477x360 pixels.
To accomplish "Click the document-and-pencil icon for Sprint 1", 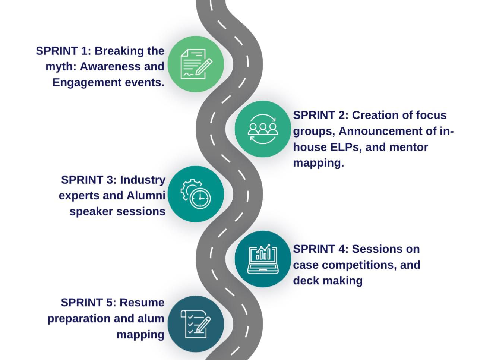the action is point(196,64).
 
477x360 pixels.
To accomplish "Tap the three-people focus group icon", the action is point(263,129).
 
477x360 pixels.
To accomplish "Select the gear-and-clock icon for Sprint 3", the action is point(195,194).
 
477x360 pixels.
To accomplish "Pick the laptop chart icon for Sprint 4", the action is point(263,259).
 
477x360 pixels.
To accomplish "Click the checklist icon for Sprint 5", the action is point(196,324).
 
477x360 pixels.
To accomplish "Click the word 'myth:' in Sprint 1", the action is point(61,67).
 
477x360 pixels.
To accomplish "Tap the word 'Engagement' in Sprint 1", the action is point(87,83).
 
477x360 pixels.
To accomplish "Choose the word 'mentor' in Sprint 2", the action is point(408,148).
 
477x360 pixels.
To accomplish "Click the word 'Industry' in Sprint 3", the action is point(143,180).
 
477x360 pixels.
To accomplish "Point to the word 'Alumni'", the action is point(146,196).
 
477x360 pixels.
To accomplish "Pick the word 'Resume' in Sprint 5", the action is point(142,303).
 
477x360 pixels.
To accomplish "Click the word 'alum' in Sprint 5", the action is point(151,319).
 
